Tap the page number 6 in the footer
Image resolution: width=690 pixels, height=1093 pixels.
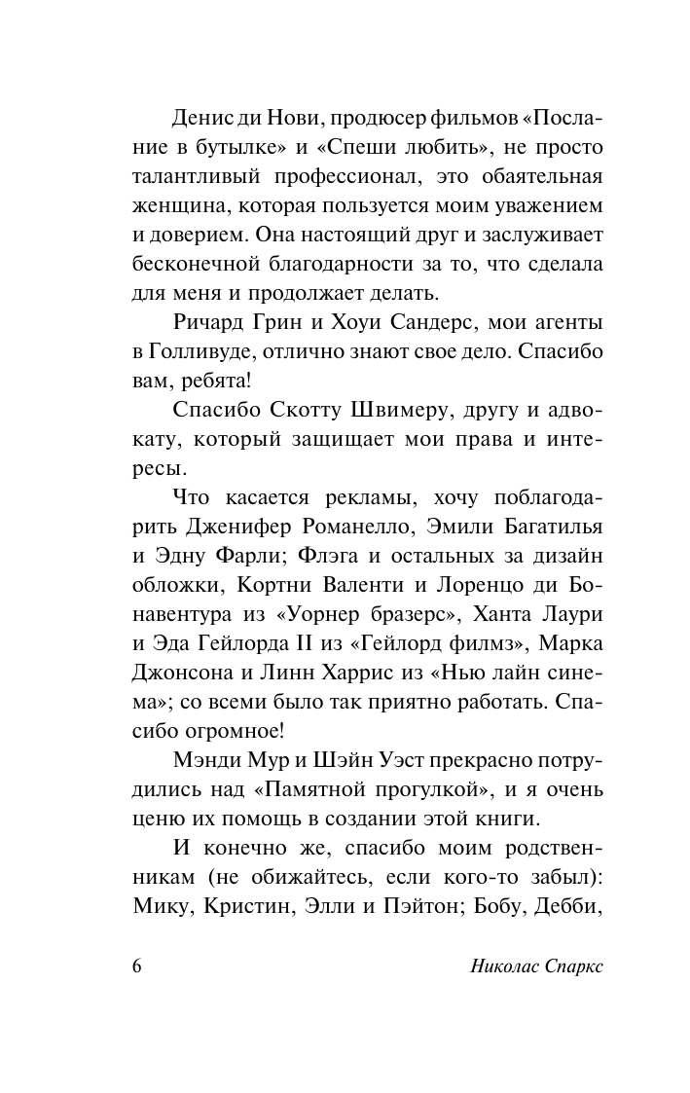(x=136, y=970)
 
